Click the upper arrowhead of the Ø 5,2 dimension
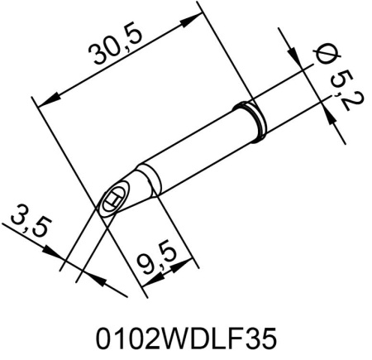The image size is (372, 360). pos(297,56)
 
